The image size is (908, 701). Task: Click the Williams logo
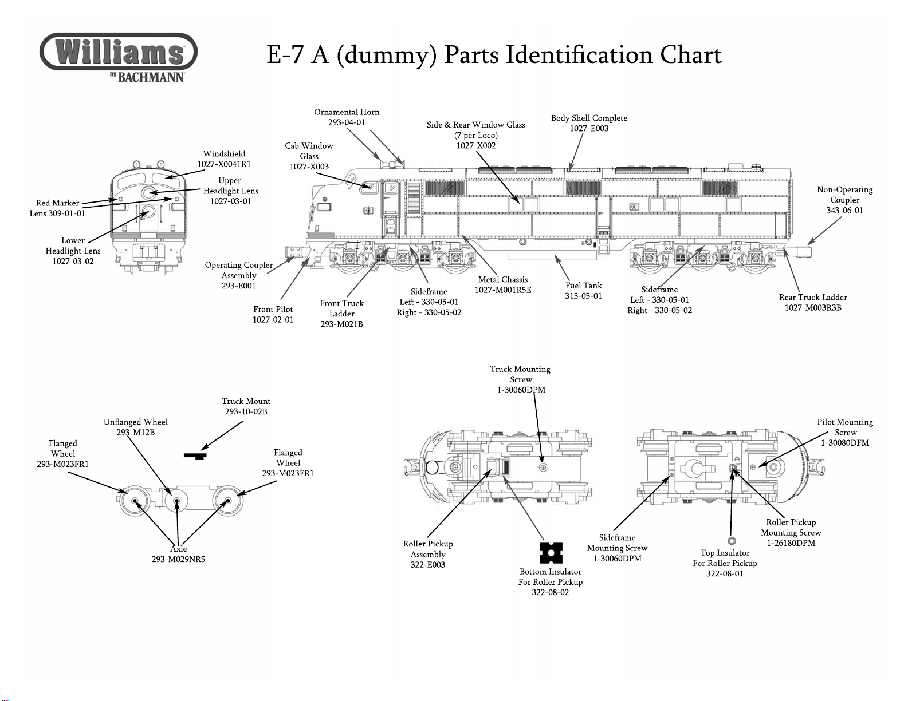coord(119,52)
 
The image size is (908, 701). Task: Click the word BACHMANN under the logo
coord(151,77)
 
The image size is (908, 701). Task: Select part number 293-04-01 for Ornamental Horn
coord(346,122)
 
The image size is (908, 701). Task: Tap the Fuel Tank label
coord(583,286)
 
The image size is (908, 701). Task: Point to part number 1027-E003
coord(589,129)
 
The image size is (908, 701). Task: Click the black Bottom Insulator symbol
coord(551,553)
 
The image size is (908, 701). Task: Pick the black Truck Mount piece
coord(195,456)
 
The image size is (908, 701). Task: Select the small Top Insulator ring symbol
coord(732,541)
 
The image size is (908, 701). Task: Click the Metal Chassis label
coord(503,280)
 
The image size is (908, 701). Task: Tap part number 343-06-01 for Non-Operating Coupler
coord(844,211)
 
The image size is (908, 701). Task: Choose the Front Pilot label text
coord(273,310)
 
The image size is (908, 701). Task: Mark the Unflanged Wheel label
coord(136,422)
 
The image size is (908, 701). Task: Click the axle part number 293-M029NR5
coord(178,560)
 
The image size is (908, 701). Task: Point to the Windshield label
coord(224,154)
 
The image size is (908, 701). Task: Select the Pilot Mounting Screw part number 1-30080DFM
coord(845,443)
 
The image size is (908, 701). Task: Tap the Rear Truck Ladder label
coord(813,298)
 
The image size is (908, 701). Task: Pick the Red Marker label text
coord(57,203)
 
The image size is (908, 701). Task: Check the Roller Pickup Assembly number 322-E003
coord(428,565)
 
